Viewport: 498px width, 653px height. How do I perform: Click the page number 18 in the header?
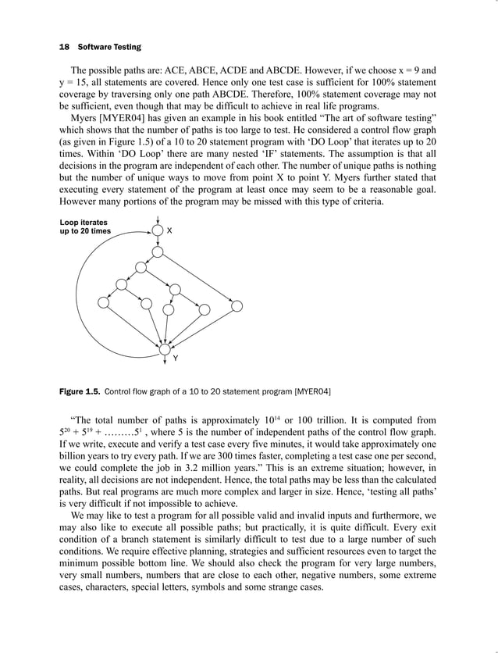pos(64,47)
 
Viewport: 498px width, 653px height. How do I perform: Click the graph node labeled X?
pos(158,231)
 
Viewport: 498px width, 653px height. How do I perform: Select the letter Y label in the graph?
pos(175,358)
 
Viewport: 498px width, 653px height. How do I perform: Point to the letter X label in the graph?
pos(170,231)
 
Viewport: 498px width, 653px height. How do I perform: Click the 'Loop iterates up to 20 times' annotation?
pos(86,227)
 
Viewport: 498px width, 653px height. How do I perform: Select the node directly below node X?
pos(158,252)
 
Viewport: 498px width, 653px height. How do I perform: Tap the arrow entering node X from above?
pos(158,219)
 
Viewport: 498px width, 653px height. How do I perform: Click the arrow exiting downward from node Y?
pos(164,359)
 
